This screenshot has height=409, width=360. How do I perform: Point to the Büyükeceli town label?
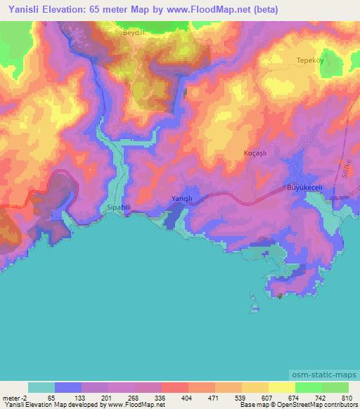[x=304, y=188]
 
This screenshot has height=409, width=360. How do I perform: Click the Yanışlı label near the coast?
[x=182, y=199]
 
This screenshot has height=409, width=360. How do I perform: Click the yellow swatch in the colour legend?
[x=281, y=387]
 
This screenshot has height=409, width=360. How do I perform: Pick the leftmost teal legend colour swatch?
[x=41, y=387]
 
